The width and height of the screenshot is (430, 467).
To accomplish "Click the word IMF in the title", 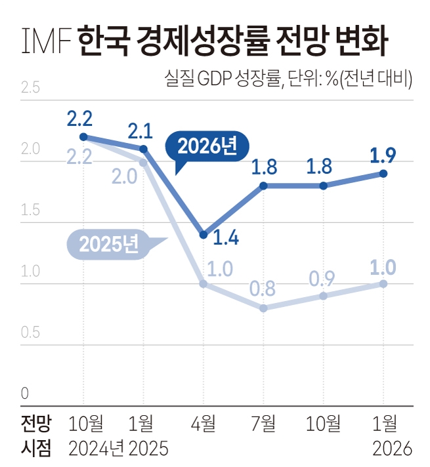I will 45,41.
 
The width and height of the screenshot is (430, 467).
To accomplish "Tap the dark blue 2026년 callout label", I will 204,147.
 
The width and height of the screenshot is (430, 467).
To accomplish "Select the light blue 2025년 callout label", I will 109,244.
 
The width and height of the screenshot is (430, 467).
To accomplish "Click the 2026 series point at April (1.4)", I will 203,235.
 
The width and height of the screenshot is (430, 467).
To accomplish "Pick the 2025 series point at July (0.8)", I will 263,308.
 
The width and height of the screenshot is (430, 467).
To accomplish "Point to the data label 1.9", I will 383,157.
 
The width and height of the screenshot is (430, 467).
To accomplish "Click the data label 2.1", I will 140,131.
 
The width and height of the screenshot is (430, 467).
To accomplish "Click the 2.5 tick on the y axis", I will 30,87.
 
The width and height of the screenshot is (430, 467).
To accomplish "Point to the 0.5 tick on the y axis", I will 30,332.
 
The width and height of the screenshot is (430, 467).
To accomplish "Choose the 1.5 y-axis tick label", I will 30,211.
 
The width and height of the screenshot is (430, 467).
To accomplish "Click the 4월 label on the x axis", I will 202,423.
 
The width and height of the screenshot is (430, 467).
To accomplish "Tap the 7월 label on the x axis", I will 263,423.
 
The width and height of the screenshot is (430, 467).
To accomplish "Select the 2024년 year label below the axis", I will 97,449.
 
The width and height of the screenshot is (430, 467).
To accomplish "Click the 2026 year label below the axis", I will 391,449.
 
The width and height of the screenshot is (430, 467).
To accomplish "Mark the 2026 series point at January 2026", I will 383,174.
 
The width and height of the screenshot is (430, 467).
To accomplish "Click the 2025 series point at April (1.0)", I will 203,284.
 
